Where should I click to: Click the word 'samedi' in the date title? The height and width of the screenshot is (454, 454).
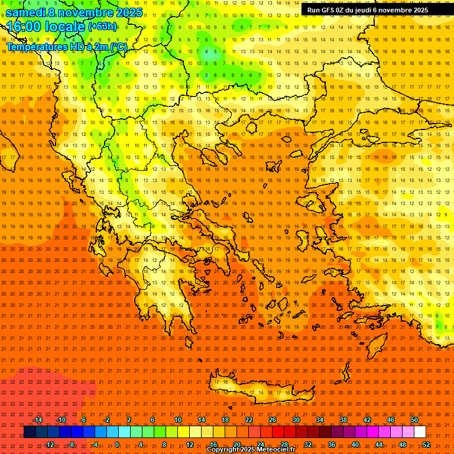25,12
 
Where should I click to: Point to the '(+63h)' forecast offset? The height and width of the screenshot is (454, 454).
102,26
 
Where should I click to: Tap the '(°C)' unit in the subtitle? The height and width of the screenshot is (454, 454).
118,47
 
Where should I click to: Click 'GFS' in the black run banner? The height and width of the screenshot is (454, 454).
329,10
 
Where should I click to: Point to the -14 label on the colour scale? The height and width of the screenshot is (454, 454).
37,420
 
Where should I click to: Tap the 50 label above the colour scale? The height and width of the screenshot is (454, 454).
414,420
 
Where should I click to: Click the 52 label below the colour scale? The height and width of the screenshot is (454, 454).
426,445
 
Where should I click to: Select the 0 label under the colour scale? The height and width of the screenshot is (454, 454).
117,445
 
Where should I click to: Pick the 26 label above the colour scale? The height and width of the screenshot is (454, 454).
273,420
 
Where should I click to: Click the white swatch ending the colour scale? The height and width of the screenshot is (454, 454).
420,432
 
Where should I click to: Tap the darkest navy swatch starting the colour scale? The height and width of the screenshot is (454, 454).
30,432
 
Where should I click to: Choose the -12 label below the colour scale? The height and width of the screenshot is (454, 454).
49,445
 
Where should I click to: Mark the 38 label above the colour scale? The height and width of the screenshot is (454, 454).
343,420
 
